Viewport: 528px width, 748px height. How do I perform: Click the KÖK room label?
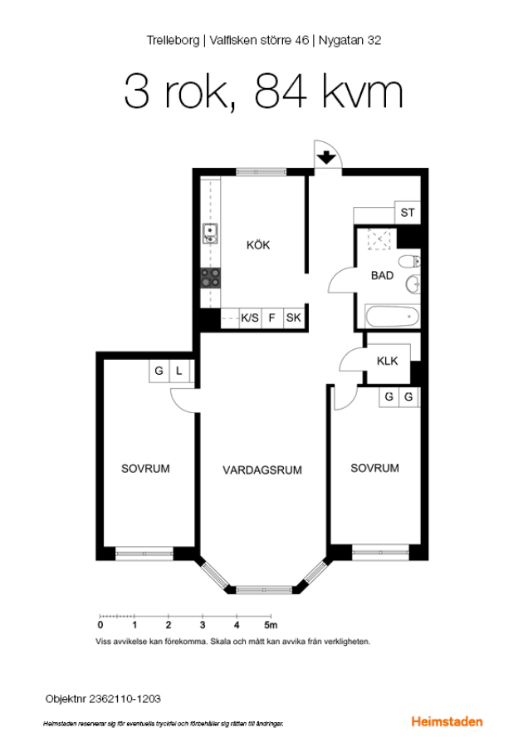[x=258, y=245]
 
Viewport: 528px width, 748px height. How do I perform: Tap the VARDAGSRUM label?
[x=262, y=470]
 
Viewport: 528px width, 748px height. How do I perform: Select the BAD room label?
[x=382, y=275]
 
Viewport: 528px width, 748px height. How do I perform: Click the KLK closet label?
[x=387, y=362]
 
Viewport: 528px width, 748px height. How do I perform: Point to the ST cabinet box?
[x=408, y=213]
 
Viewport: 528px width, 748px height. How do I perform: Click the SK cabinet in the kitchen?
[x=294, y=317]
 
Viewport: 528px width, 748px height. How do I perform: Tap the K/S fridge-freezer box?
[x=250, y=317]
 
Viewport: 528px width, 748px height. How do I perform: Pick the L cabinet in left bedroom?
[x=179, y=371]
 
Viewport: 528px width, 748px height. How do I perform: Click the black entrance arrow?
[x=326, y=157]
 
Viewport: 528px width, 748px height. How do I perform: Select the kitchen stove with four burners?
[x=210, y=278]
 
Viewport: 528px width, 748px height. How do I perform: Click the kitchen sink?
[x=210, y=234]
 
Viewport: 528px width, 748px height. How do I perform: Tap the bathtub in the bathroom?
[x=392, y=317]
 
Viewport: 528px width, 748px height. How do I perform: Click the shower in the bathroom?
[x=379, y=239]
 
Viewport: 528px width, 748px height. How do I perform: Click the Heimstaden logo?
[x=447, y=721]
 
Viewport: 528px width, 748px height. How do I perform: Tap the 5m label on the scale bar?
[x=271, y=625]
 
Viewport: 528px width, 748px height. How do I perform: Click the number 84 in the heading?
[x=281, y=91]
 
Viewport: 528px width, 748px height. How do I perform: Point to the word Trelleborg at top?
[x=173, y=41]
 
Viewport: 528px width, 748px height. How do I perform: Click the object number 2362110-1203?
[x=125, y=699]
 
